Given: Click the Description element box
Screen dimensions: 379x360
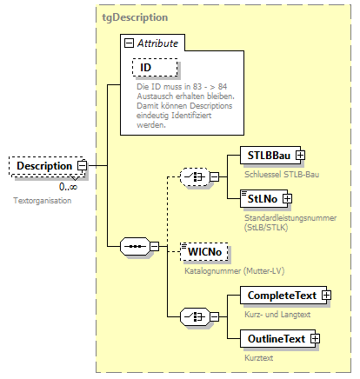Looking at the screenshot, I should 43,165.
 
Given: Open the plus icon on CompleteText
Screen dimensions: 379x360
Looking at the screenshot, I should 327,296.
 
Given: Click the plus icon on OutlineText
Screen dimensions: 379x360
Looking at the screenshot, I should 316,338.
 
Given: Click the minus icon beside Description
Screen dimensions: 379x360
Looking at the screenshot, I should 83,165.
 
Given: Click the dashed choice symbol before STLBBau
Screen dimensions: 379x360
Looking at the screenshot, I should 192,177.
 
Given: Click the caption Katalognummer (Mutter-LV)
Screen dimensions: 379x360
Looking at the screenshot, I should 232,270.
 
